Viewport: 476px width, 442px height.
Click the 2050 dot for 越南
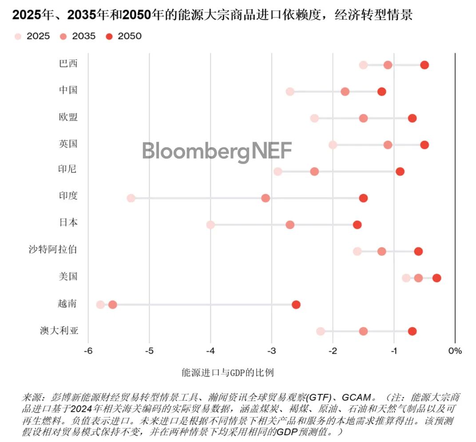click(x=296, y=305)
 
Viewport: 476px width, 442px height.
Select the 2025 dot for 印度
click(x=131, y=198)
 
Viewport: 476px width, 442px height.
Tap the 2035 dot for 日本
click(x=290, y=225)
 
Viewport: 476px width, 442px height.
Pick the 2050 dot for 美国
click(x=436, y=278)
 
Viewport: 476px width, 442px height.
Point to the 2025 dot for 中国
click(x=290, y=92)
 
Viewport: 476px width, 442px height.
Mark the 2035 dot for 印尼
click(x=314, y=172)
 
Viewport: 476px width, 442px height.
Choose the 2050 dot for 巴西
click(x=424, y=65)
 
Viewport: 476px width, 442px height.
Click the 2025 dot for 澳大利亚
click(x=321, y=331)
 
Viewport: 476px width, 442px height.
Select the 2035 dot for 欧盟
click(x=363, y=118)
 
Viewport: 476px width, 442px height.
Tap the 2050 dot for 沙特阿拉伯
click(x=418, y=251)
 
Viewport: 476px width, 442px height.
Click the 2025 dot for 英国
click(x=333, y=145)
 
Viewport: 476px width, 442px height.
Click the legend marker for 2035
click(x=63, y=36)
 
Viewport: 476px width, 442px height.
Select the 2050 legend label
click(x=130, y=36)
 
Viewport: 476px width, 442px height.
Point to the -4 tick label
click(x=210, y=351)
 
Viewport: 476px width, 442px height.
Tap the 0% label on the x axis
click(x=455, y=351)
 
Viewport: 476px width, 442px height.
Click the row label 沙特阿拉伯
click(x=53, y=249)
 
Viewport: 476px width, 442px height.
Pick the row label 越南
click(x=67, y=303)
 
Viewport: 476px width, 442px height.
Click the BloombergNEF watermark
click(x=217, y=151)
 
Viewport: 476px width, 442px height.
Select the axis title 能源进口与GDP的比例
click(x=228, y=372)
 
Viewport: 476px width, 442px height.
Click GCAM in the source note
click(x=357, y=398)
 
